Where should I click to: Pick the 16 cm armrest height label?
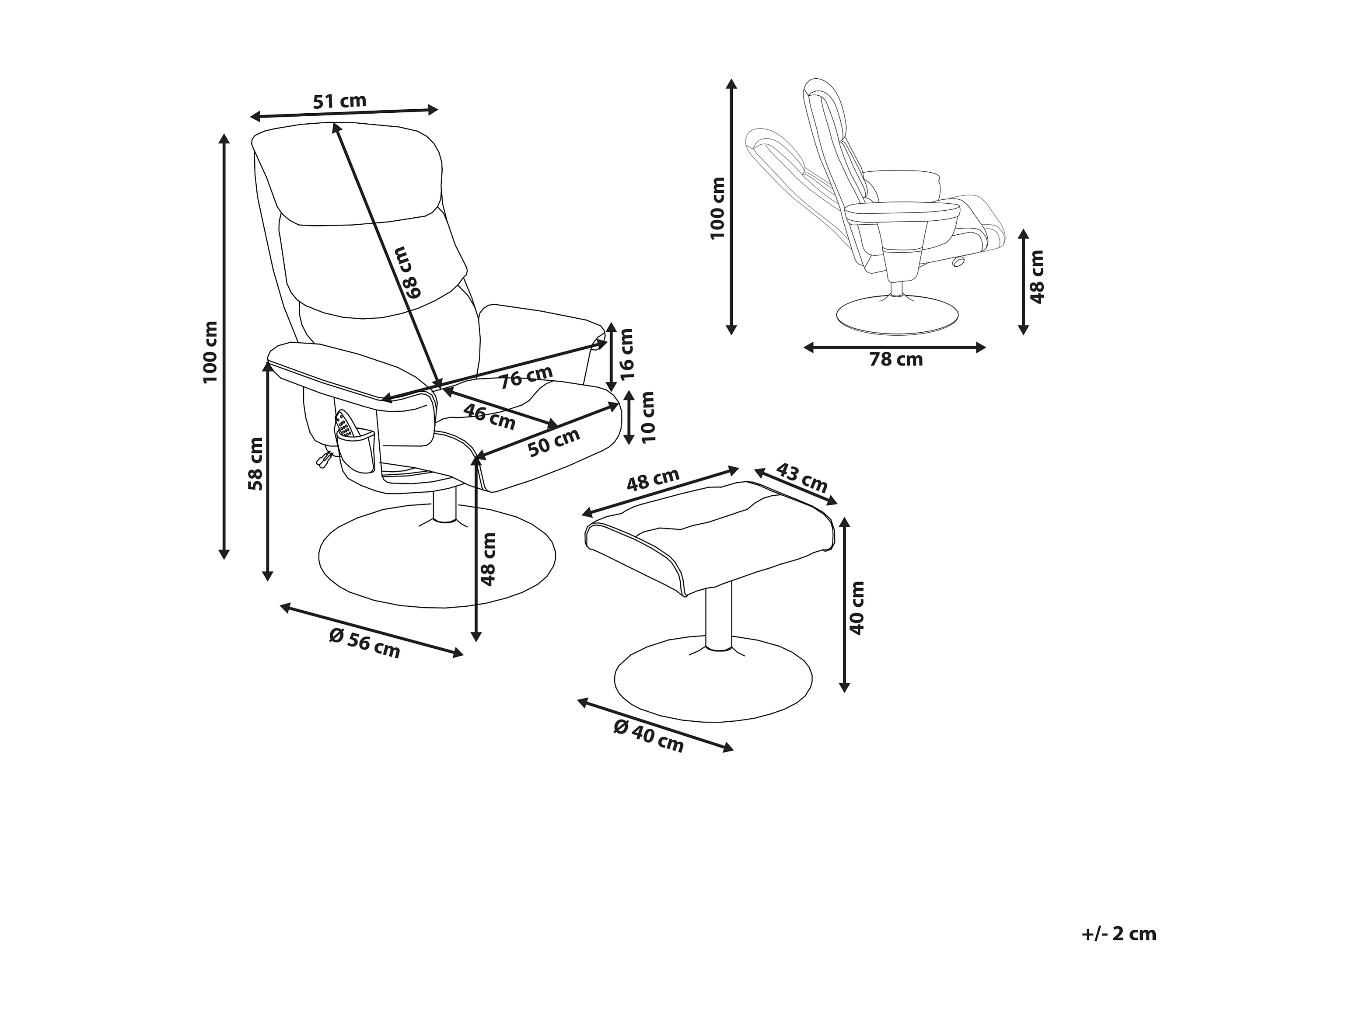tap(626, 354)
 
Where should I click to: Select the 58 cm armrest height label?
tap(256, 463)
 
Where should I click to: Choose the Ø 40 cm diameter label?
tap(649, 736)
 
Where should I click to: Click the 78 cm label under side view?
tap(896, 359)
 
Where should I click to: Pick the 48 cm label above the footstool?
tap(653, 480)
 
